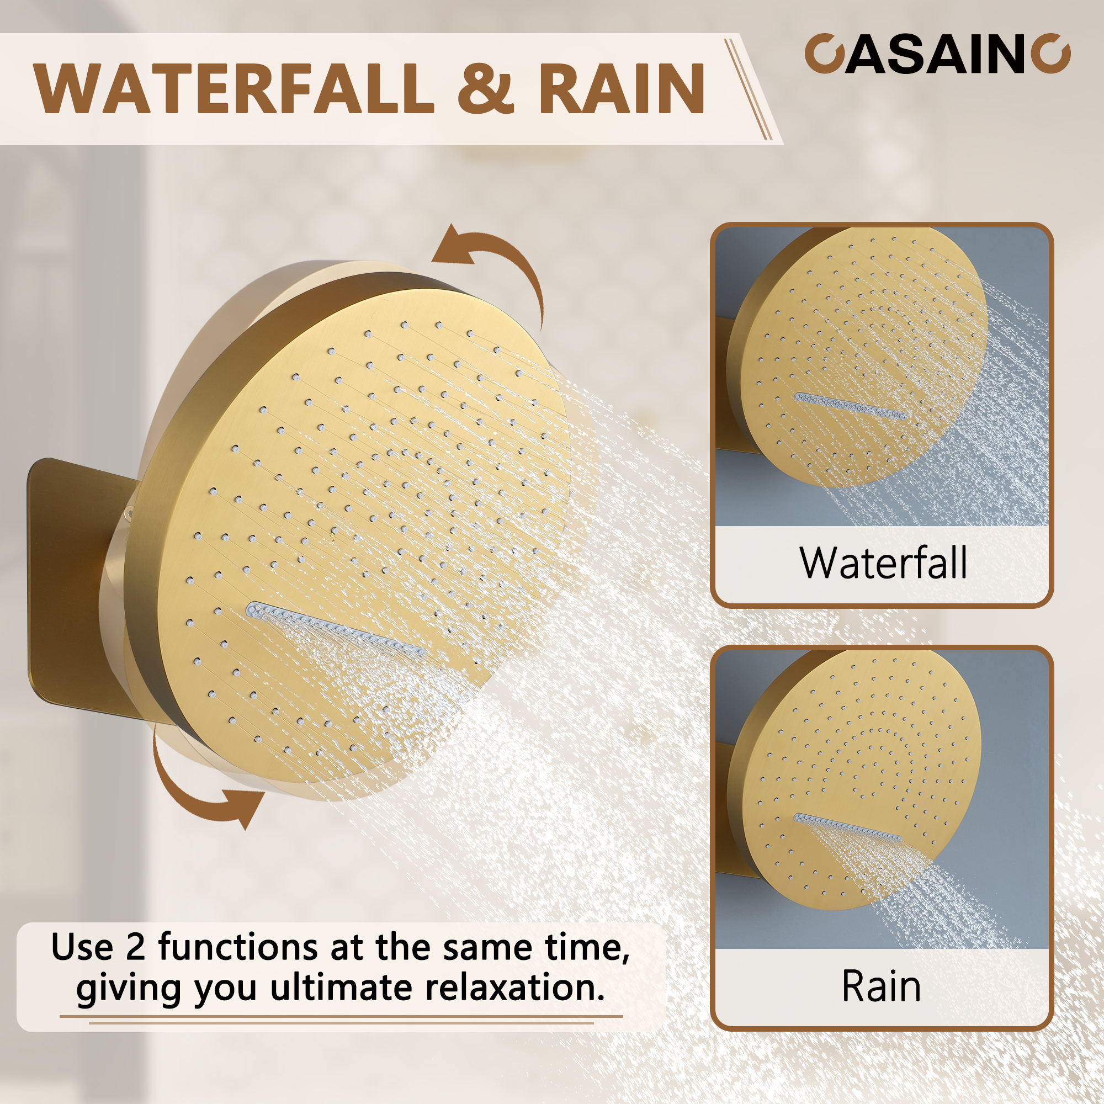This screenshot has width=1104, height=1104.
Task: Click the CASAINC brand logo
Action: [937, 54]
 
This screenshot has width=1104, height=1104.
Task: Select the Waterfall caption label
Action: [883, 564]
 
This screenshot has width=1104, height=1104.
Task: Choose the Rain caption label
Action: [881, 986]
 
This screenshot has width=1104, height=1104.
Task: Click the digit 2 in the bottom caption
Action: [135, 948]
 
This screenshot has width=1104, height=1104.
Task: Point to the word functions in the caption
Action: [237, 948]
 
